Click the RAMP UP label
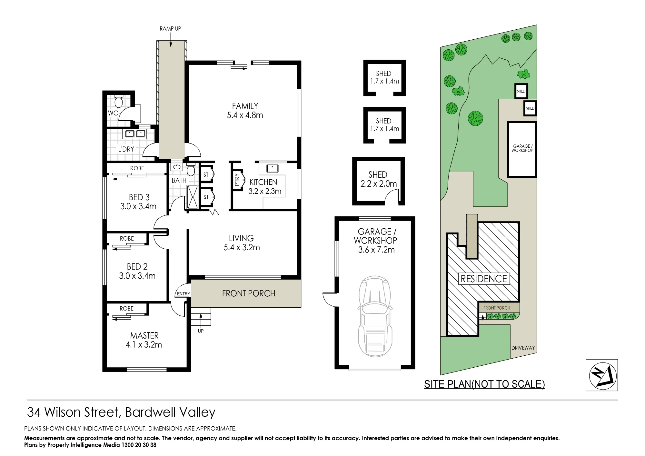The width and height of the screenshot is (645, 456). (170, 29)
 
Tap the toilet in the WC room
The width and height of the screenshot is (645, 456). (118, 101)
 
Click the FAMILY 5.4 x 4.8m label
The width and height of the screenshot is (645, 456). (245, 111)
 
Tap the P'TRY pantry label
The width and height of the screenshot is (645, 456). (237, 180)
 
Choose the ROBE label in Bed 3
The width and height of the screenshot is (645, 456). (137, 168)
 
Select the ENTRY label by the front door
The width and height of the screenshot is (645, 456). (184, 294)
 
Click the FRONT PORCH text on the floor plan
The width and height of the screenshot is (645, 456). (249, 293)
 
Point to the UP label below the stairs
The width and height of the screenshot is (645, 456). (201, 331)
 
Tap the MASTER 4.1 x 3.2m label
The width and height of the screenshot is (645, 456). (144, 340)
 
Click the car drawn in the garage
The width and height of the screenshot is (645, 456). (375, 316)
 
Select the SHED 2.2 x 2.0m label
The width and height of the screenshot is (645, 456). (378, 179)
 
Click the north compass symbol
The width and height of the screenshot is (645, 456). (601, 375)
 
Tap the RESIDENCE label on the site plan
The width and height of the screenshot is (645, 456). (484, 279)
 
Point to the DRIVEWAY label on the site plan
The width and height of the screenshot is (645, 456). (523, 348)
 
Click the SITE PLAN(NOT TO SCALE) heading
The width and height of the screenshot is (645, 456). (484, 384)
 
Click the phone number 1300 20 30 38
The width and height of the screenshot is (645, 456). (138, 445)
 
